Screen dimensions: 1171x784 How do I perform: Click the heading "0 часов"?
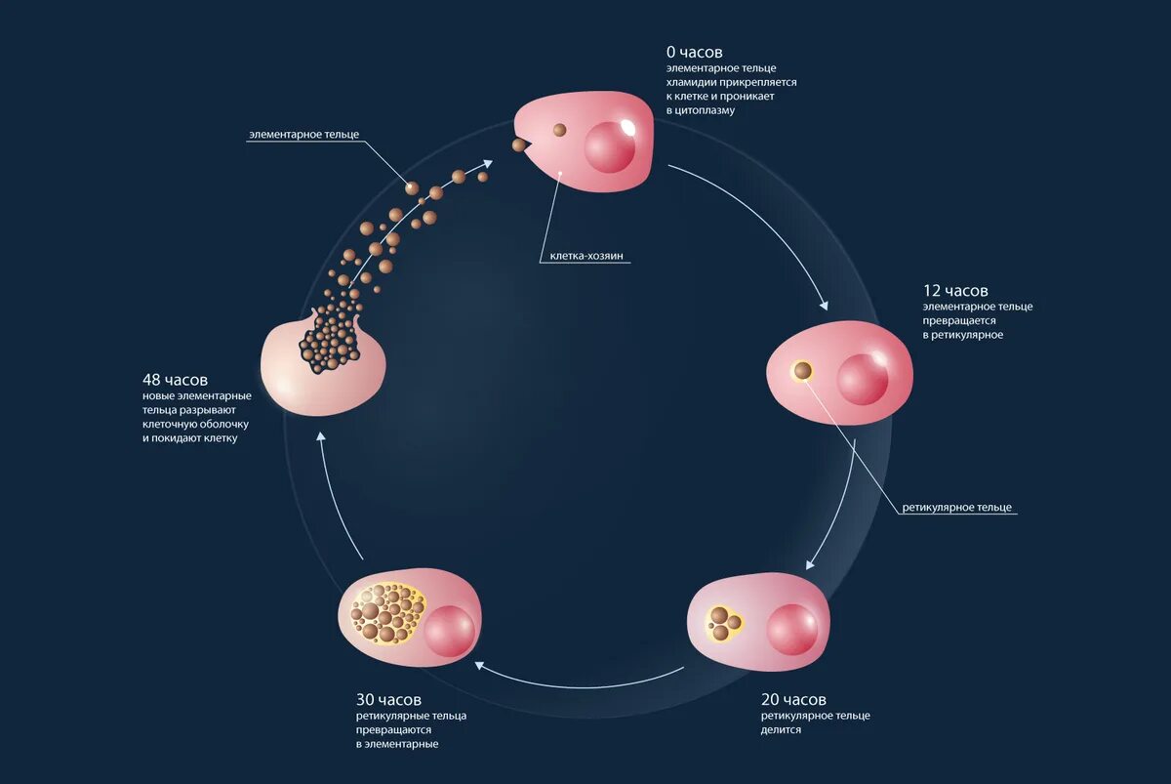[694, 52]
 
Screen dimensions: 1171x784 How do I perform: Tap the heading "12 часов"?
[955, 291]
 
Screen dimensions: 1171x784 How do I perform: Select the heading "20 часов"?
[793, 700]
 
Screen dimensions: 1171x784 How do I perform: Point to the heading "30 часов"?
[388, 700]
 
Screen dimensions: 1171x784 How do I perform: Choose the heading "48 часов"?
[175, 379]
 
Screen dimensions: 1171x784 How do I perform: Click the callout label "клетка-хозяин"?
[580, 257]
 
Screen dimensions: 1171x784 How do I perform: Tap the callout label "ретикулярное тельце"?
[956, 508]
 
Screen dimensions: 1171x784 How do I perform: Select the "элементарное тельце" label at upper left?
[303, 133]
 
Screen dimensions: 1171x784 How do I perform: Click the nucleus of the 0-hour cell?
[610, 145]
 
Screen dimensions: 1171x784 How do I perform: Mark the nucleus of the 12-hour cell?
[863, 378]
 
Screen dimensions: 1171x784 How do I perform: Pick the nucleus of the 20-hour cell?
[792, 630]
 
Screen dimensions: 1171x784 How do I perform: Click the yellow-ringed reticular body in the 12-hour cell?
[802, 371]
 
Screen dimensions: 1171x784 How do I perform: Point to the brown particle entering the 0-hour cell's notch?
[520, 145]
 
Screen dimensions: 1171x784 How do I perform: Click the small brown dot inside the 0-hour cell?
[560, 130]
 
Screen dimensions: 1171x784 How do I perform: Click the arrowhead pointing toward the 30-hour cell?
[478, 664]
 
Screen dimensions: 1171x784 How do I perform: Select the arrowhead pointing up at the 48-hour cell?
[319, 439]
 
